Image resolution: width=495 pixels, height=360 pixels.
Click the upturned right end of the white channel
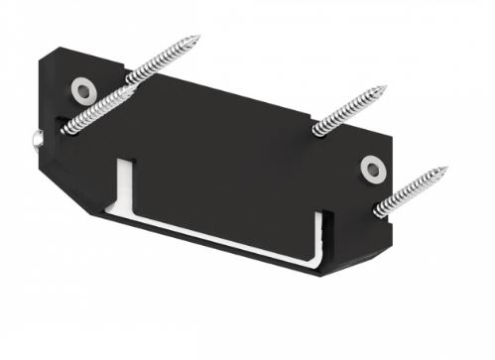click(318, 237)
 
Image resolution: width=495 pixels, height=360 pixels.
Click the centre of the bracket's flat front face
click(228, 159)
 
